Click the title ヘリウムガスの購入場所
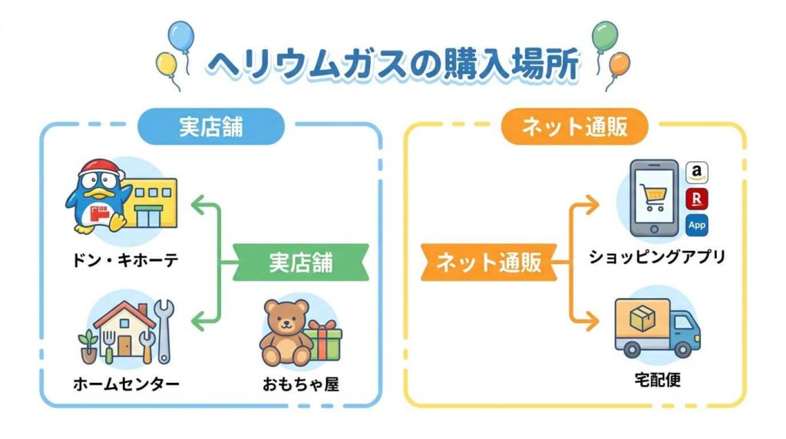point(393,64)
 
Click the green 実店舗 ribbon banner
point(300,262)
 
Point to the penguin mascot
point(95,196)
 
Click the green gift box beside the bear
point(325,342)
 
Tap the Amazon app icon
point(696,173)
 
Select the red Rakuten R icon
point(696,199)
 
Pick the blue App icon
point(696,225)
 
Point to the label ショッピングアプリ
point(656,257)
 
